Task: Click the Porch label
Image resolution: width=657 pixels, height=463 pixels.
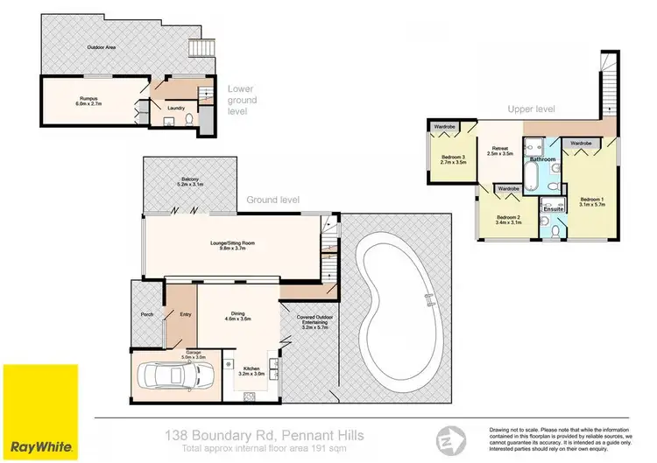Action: [146, 316]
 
